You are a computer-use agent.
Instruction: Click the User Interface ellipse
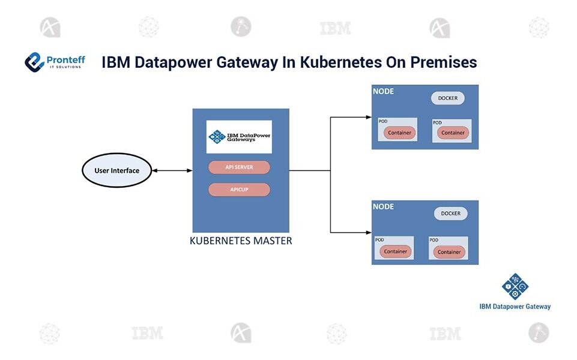(x=117, y=170)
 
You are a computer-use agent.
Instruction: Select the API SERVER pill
(x=239, y=167)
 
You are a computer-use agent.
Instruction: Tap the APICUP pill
(x=239, y=190)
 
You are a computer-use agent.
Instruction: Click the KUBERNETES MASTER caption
(x=241, y=241)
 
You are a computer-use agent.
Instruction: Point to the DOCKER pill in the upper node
(x=447, y=98)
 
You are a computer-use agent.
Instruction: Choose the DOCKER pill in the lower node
(x=450, y=214)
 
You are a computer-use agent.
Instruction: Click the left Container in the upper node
(x=399, y=133)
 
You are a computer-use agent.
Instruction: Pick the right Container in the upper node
(x=453, y=133)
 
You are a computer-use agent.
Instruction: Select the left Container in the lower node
(x=396, y=251)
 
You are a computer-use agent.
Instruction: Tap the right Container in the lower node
(x=449, y=251)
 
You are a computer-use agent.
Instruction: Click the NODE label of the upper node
(x=384, y=92)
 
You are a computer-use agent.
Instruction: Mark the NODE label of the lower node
(x=384, y=207)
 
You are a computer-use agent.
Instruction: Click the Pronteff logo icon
(x=35, y=62)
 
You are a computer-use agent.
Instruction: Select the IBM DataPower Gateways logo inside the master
(x=239, y=137)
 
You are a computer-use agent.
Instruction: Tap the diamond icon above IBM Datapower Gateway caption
(x=515, y=286)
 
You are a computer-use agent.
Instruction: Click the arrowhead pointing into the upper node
(x=368, y=117)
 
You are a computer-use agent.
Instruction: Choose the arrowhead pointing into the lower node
(x=368, y=232)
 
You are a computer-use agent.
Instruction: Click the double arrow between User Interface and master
(x=172, y=170)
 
